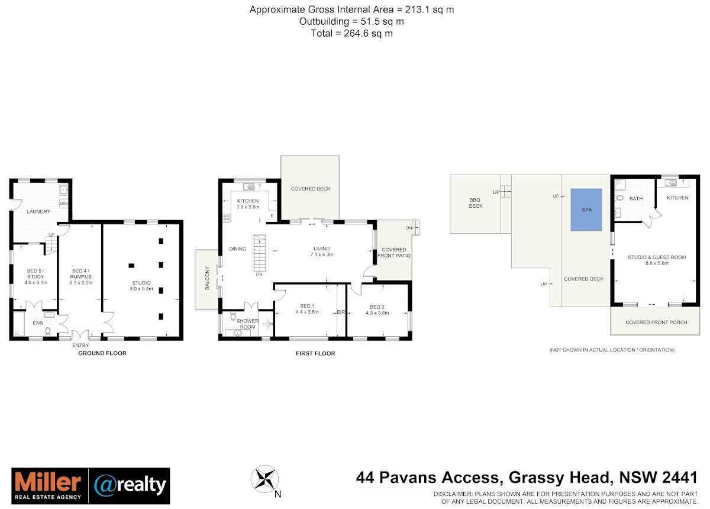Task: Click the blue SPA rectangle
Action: [586, 210]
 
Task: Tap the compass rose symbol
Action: [264, 479]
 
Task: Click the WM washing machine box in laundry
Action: [63, 204]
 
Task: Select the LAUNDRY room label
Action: [38, 211]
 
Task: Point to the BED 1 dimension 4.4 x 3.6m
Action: [307, 312]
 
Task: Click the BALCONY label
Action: [207, 278]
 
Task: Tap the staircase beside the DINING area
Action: [260, 253]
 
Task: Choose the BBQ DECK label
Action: [476, 203]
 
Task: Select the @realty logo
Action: [130, 485]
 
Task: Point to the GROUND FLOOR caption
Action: [102, 353]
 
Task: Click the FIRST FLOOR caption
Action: [315, 353]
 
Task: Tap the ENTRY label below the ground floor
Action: [80, 346]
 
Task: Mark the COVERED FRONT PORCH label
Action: [656, 322]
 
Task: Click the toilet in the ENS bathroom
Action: [47, 331]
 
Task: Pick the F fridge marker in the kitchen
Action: [272, 216]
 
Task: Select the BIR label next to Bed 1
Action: [341, 312]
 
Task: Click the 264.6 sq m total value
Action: [368, 33]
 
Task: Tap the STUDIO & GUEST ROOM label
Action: [657, 257]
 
